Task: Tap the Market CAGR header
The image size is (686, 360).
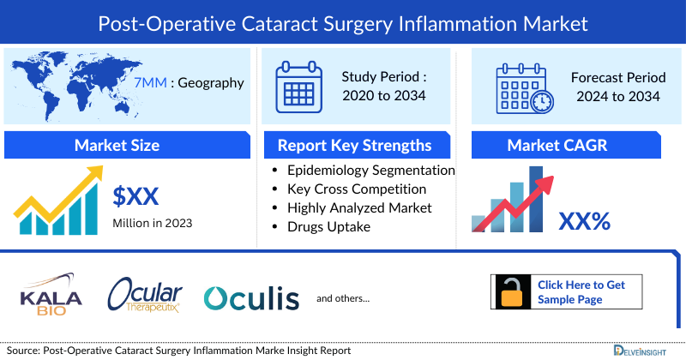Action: (568, 145)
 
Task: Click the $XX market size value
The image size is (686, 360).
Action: (135, 196)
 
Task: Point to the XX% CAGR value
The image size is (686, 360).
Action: (584, 221)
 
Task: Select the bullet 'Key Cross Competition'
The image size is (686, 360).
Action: (357, 189)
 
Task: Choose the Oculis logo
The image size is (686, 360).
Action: (251, 297)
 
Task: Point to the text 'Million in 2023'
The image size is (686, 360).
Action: (153, 224)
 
